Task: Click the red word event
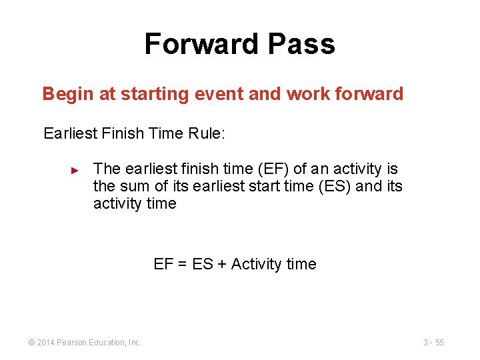tap(220, 94)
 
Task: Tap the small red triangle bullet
tap(75, 170)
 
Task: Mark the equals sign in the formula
tap(183, 265)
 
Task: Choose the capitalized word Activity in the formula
tap(257, 265)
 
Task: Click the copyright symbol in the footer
tap(32, 343)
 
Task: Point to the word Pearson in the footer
tap(72, 343)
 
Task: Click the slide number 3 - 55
tap(433, 343)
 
